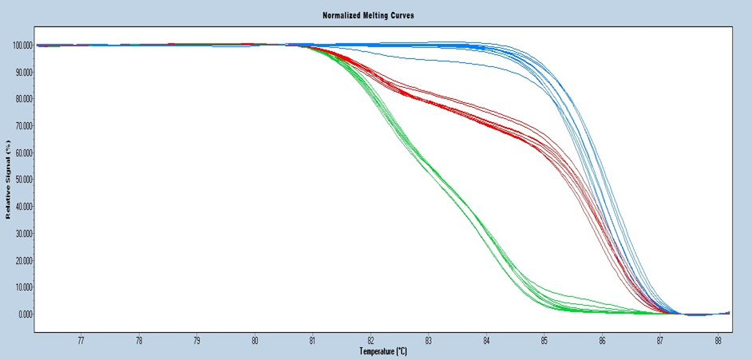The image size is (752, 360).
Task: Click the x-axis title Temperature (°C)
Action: tap(382, 350)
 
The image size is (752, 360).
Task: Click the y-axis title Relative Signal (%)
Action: tap(9, 180)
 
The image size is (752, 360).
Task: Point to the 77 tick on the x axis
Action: tap(81, 340)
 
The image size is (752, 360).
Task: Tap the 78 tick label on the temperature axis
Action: tap(139, 340)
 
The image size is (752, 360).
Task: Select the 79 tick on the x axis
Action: tap(197, 340)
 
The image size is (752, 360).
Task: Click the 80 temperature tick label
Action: tap(255, 340)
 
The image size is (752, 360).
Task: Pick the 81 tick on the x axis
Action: tap(313, 340)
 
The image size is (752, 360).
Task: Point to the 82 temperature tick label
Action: tap(370, 340)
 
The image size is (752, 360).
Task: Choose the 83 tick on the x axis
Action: tap(429, 340)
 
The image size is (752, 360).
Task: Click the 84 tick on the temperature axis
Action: tap(486, 340)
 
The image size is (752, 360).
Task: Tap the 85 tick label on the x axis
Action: tap(544, 340)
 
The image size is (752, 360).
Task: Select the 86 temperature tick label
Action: tap(602, 340)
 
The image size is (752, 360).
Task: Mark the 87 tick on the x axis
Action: tap(660, 340)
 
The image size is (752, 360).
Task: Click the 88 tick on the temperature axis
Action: tap(718, 340)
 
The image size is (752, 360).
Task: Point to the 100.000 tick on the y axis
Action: tap(22, 45)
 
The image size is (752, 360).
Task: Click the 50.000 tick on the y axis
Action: tap(24, 180)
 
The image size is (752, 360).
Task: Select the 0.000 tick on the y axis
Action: tap(26, 314)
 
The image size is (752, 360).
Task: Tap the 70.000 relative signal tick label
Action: tap(24, 126)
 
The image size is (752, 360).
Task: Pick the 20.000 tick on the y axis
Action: tap(24, 260)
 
